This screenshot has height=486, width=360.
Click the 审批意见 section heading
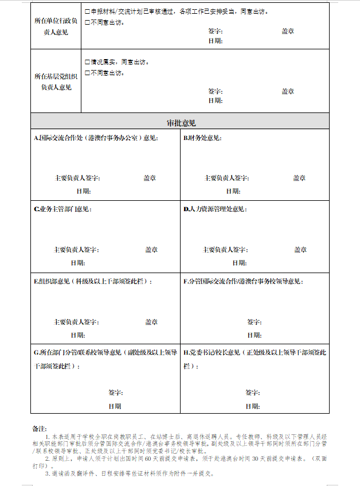tap(181, 123)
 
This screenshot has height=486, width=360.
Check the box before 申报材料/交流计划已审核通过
tap(87, 11)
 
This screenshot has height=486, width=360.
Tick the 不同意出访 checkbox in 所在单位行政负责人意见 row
tap(87, 22)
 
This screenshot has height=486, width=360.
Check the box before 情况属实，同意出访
tap(87, 62)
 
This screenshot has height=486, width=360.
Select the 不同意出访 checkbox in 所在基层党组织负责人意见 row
tap(87, 73)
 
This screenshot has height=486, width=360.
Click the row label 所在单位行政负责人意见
tap(56, 26)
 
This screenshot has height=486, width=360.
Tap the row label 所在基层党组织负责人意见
tap(56, 81)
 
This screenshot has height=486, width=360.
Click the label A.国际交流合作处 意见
tap(96, 138)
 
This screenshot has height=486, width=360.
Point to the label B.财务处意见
tap(202, 138)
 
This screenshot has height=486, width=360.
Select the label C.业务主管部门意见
tap(62, 209)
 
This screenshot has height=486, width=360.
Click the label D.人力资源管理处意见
tap(215, 209)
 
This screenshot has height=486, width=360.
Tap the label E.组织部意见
tap(93, 282)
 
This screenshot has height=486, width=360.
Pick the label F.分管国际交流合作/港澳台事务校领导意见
tap(243, 282)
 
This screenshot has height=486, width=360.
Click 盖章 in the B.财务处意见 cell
tap(300, 178)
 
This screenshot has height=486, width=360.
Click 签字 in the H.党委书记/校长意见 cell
tap(253, 392)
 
